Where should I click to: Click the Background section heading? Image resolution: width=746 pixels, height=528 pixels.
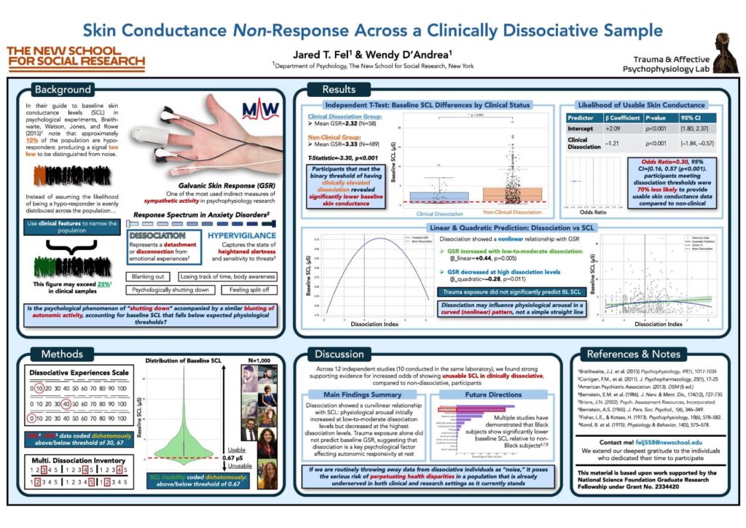pyautogui.click(x=62, y=90)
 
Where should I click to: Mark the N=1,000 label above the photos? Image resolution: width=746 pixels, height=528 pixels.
pyautogui.click(x=257, y=360)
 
